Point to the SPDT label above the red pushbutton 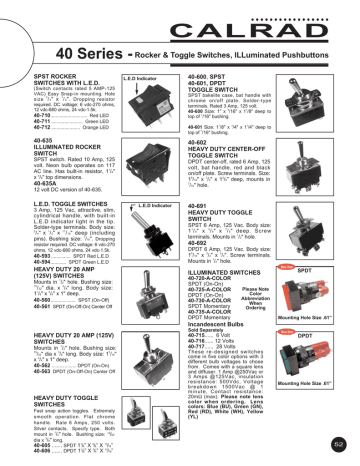[320, 269]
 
